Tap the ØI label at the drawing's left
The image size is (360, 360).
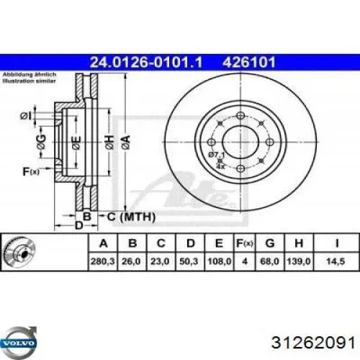pyautogui.click(x=25, y=116)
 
